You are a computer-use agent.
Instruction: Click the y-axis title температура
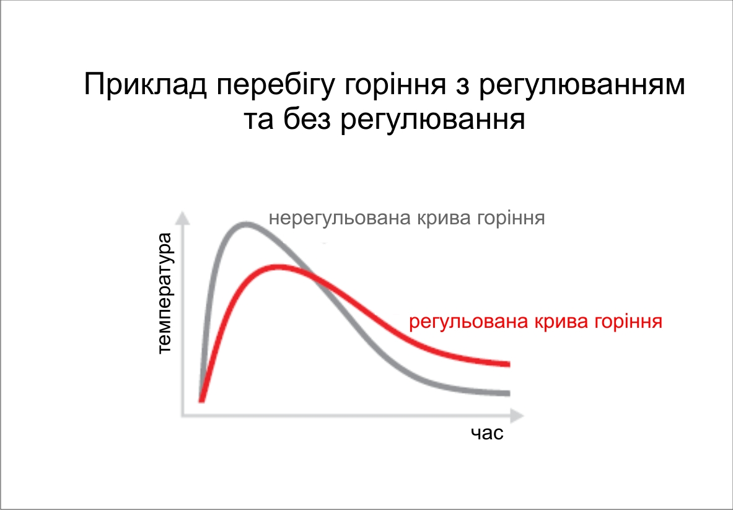165,293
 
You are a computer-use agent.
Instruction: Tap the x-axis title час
487,433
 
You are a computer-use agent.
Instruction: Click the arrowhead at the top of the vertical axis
183,218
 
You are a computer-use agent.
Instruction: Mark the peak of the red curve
279,267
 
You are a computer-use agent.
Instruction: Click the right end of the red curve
509,364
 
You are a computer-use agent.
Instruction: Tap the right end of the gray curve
509,393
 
